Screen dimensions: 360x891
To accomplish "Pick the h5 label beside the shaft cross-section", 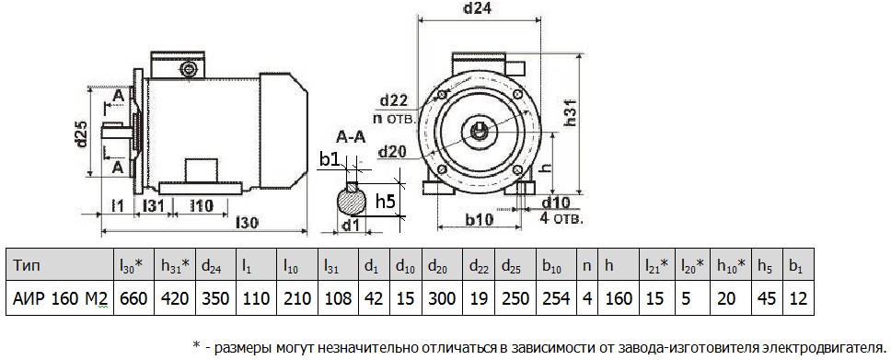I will (x=387, y=201).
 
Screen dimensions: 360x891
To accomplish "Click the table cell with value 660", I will (x=132, y=298).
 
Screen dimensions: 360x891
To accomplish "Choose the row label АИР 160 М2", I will (x=58, y=298).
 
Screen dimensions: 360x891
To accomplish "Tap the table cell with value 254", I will (x=550, y=298).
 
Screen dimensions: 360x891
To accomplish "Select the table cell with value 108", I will (x=337, y=298).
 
